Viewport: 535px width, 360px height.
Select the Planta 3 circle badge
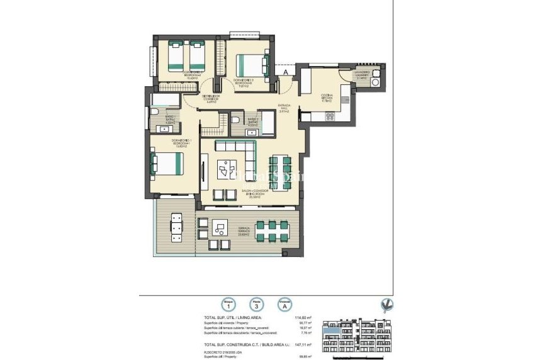pos(256,305)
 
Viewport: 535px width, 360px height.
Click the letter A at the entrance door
pos(286,74)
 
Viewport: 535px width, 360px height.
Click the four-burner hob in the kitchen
pos(331,116)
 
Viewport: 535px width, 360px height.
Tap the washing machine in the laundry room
pos(375,81)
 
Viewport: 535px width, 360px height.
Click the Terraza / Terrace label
pos(244,230)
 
